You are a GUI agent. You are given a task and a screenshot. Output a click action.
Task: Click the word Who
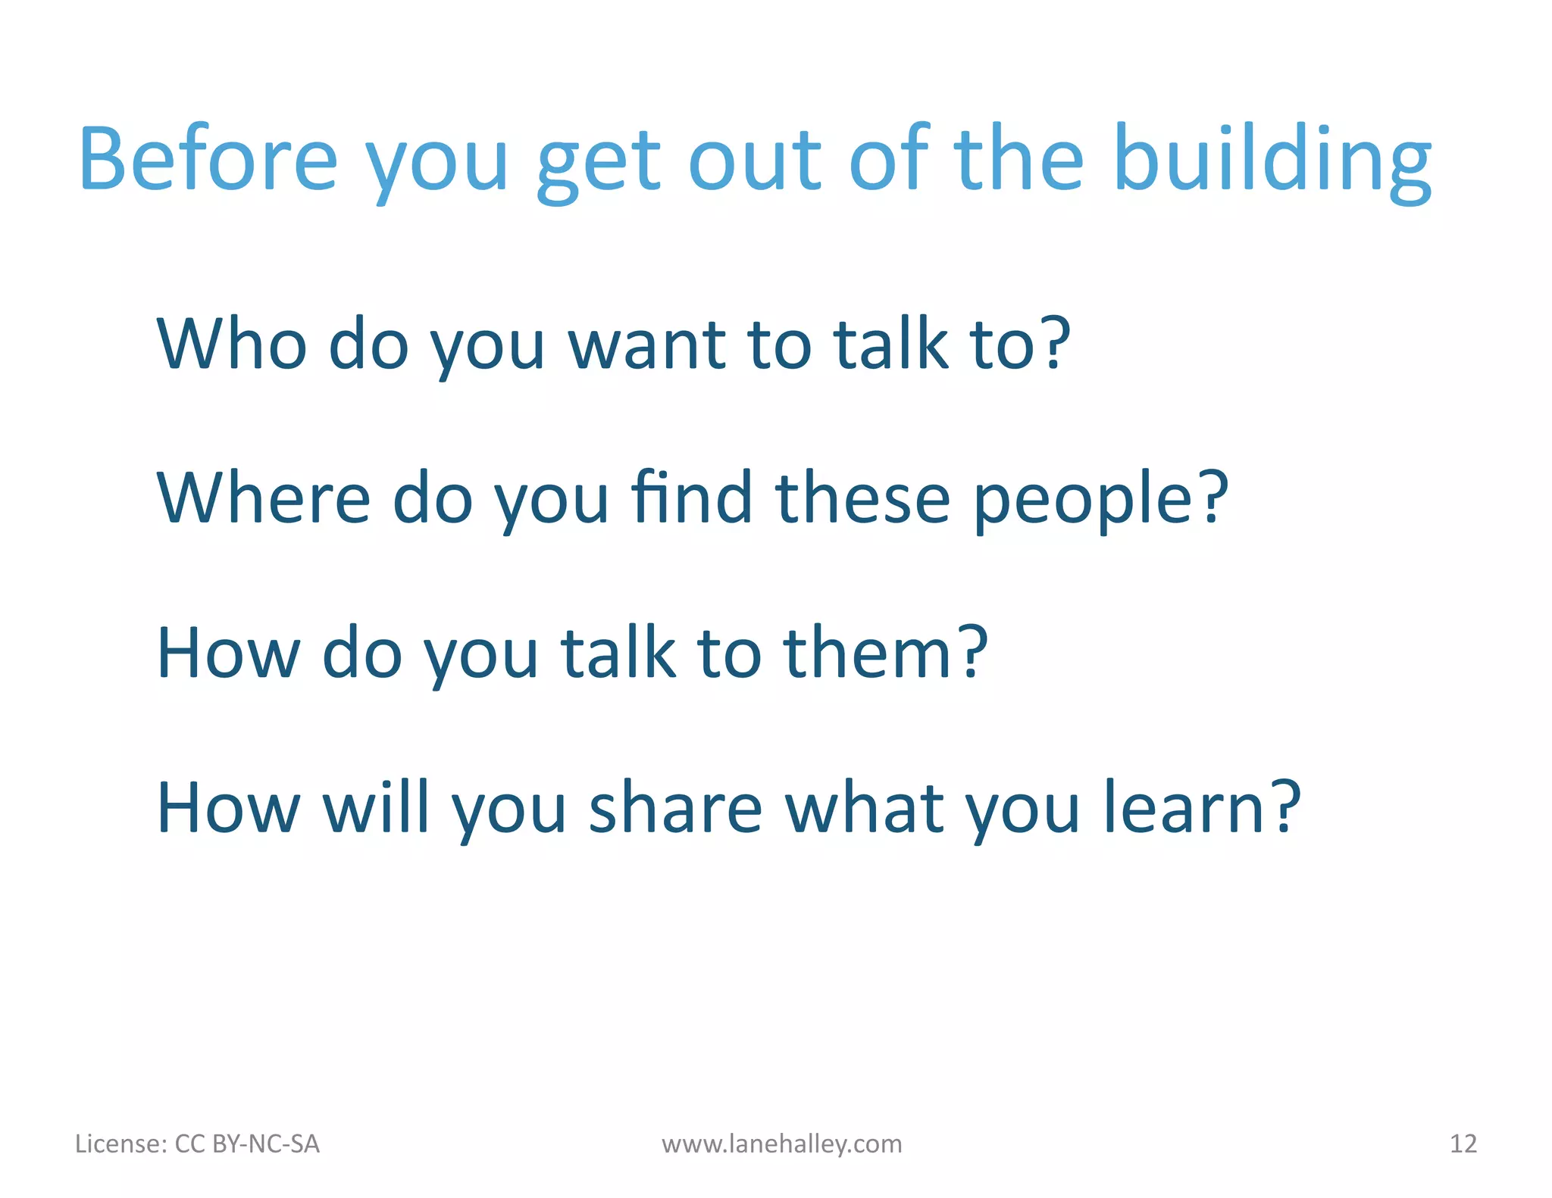[x=231, y=345]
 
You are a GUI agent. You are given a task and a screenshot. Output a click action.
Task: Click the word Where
[x=263, y=498]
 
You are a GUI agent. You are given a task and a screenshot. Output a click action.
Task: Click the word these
[x=863, y=498]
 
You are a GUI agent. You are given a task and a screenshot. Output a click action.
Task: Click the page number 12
[x=1463, y=1143]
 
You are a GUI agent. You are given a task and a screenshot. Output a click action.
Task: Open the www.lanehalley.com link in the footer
[x=781, y=1143]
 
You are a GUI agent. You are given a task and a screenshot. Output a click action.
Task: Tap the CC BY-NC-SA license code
[x=247, y=1143]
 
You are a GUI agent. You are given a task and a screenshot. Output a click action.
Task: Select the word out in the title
[x=755, y=161]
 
